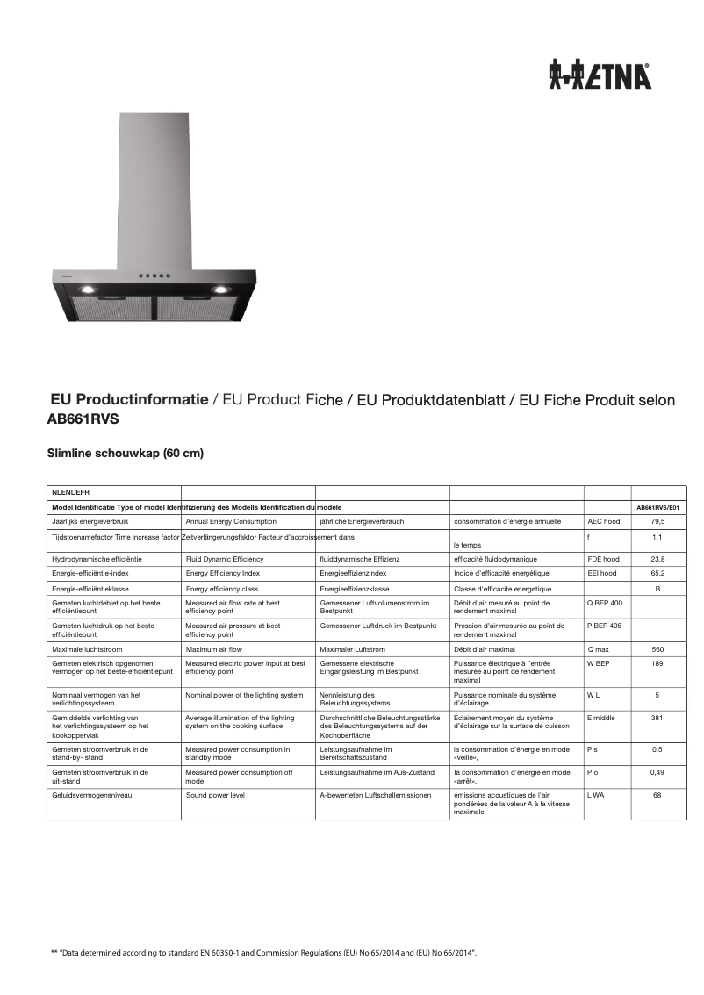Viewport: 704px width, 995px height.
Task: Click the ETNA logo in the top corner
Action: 600,76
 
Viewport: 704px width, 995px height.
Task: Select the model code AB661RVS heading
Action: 83,419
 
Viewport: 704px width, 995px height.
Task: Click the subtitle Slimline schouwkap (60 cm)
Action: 125,454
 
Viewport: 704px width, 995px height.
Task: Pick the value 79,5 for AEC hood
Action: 657,521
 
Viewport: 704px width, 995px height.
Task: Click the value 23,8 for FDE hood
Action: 657,559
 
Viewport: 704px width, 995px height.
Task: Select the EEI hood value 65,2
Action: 657,573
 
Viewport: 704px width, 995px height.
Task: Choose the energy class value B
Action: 657,588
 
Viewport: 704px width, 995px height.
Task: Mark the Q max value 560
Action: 657,649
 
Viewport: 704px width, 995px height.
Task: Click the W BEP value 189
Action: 657,663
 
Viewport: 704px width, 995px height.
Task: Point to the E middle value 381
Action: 657,718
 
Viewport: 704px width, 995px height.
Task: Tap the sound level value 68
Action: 657,795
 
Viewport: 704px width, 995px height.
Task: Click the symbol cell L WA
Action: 596,795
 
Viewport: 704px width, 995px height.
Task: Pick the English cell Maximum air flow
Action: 214,649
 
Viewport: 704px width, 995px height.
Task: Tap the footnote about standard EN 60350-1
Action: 263,951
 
